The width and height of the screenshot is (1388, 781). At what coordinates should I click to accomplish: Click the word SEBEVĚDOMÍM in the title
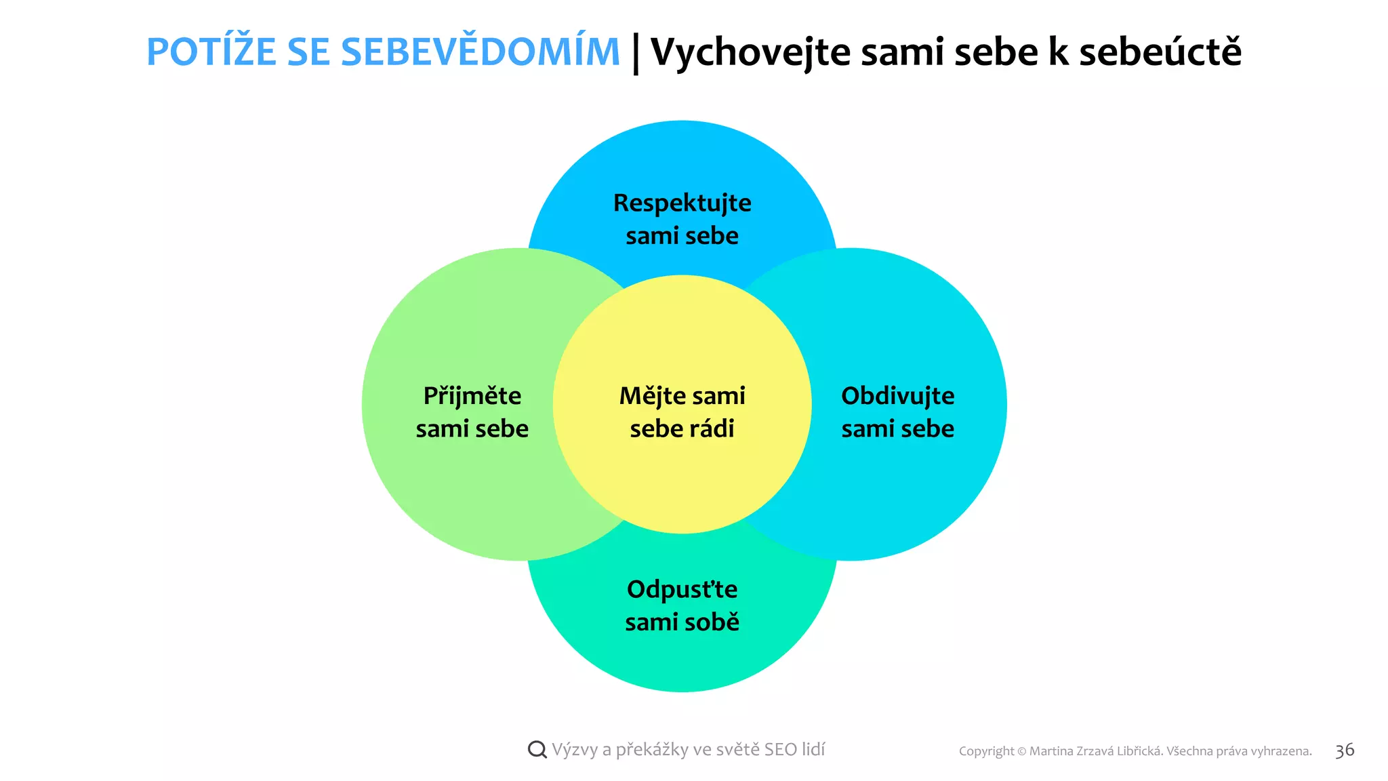pyautogui.click(x=480, y=52)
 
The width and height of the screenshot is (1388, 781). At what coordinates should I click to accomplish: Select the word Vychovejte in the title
pyautogui.click(x=750, y=52)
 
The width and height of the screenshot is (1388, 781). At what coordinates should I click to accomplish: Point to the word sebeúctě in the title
pyautogui.click(x=1160, y=52)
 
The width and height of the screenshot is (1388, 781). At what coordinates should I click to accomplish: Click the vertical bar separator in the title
pyautogui.click(x=636, y=54)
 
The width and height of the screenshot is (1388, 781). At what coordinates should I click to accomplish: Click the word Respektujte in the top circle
pyautogui.click(x=682, y=203)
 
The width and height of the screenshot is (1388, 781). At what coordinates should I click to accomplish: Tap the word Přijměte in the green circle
pyautogui.click(x=472, y=396)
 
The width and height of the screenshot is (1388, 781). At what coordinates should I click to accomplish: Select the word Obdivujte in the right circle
pyautogui.click(x=897, y=395)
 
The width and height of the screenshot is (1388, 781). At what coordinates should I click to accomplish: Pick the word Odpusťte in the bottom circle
pyautogui.click(x=682, y=589)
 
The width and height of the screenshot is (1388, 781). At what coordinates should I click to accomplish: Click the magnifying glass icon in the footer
pyautogui.click(x=537, y=749)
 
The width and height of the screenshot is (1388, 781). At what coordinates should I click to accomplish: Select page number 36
pyautogui.click(x=1345, y=750)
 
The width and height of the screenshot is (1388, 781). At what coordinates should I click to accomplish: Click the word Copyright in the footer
pyautogui.click(x=986, y=751)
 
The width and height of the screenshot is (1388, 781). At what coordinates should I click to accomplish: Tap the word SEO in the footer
pyautogui.click(x=780, y=749)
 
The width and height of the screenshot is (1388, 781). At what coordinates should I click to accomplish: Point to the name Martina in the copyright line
pyautogui.click(x=1051, y=751)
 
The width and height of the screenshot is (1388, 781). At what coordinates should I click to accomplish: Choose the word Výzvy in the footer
pyautogui.click(x=573, y=750)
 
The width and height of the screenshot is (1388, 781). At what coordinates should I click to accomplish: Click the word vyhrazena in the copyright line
pyautogui.click(x=1280, y=751)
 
